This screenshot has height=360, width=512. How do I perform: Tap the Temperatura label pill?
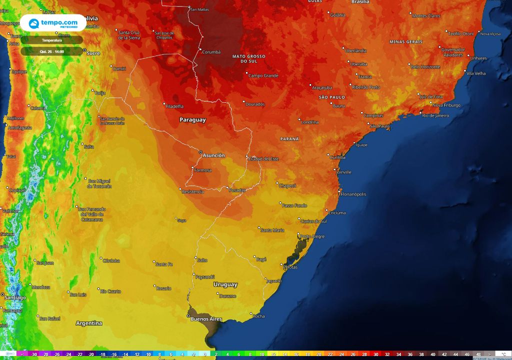point(51,40)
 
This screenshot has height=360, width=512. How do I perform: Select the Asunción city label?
point(213,155)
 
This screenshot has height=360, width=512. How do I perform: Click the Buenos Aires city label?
point(206,319)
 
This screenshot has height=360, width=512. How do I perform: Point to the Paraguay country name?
point(192,120)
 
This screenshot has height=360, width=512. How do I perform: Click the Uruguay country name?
point(225,284)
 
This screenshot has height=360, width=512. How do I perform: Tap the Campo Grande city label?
point(263,75)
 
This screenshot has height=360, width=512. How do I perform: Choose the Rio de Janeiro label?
point(435,115)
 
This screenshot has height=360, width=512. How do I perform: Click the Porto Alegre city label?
point(312,236)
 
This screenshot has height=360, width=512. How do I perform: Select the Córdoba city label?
point(110,260)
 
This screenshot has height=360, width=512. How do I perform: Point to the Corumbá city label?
point(211,51)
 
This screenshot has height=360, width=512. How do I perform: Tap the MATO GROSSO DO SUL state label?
point(249,58)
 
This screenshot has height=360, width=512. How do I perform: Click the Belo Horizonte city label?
point(425,66)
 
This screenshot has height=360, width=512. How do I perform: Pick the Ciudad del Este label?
point(263,158)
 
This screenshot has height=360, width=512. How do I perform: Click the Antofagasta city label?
point(20,128)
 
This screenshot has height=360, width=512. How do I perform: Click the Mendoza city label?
point(40,287)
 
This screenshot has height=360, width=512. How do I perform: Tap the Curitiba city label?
point(337,157)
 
